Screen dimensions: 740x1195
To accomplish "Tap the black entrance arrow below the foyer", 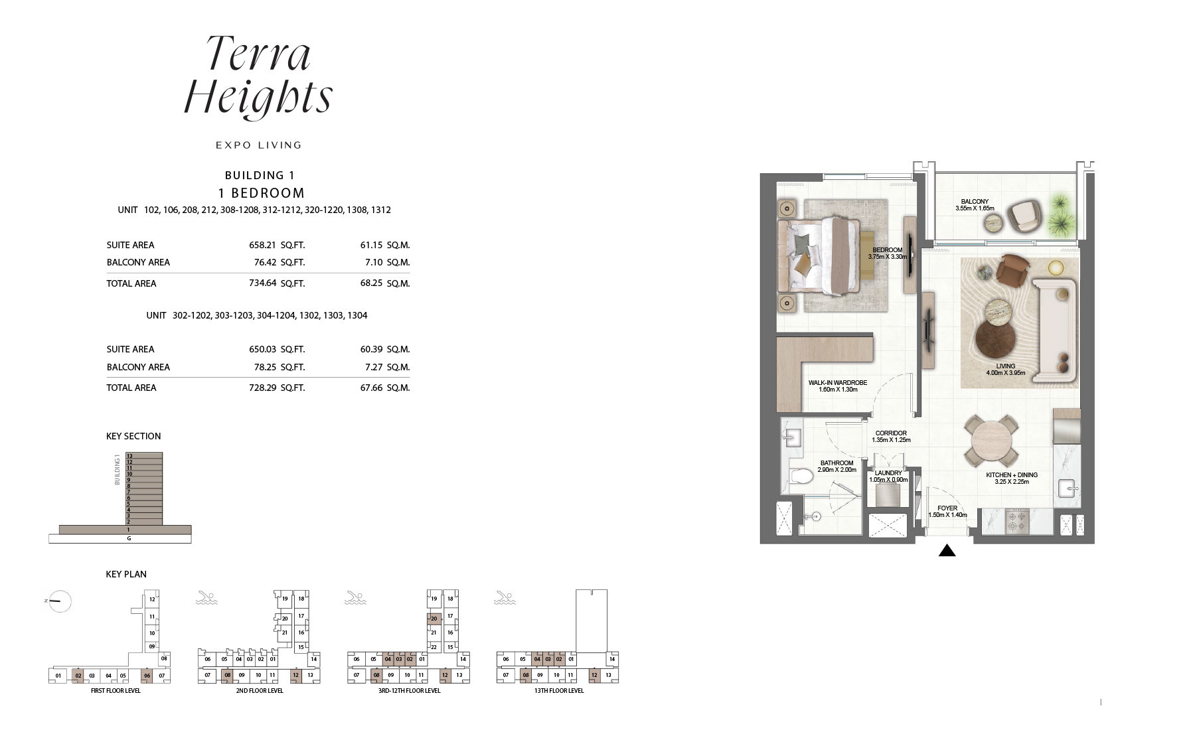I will tap(947, 550).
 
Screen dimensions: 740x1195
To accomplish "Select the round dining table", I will tap(991, 440).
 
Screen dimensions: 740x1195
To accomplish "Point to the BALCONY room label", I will tap(975, 202).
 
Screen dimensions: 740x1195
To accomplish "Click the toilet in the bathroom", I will tap(803, 477).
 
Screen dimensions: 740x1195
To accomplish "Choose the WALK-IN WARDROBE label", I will tap(837, 383).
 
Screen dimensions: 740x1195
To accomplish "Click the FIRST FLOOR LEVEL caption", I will tap(116, 691).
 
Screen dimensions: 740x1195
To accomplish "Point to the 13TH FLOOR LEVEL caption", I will tap(558, 691).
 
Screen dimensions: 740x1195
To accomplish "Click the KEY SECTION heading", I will tap(133, 436).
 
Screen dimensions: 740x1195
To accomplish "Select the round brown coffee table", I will tap(995, 338).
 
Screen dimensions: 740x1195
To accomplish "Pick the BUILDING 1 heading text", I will tap(259, 175).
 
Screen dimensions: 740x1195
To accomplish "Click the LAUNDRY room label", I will tap(888, 473).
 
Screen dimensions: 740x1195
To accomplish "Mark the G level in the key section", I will tap(129, 538).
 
